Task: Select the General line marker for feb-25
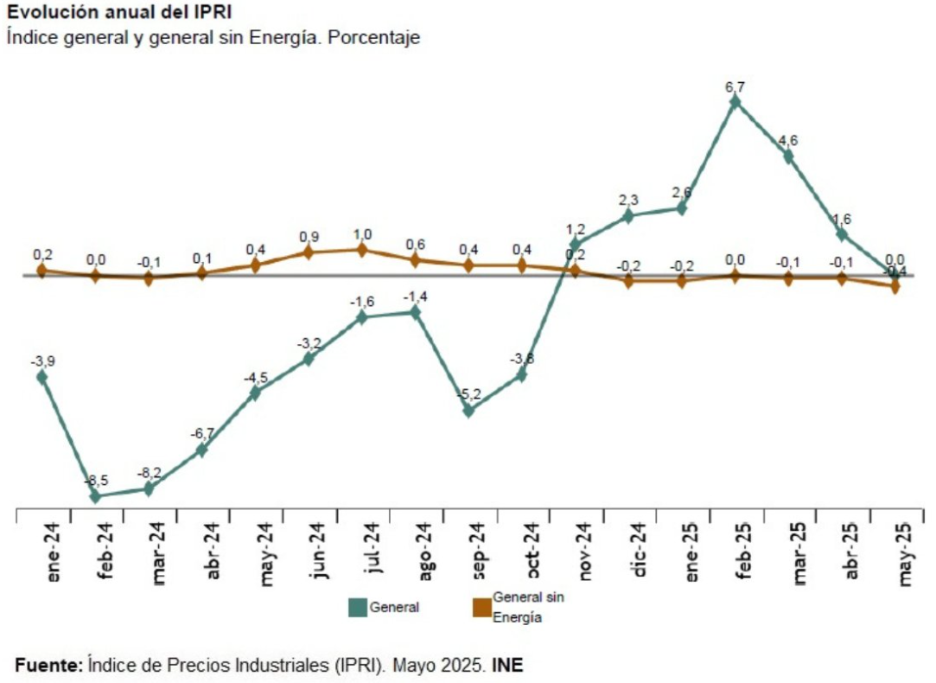(x=735, y=102)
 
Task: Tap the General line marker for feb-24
(x=95, y=496)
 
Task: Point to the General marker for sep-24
(x=468, y=411)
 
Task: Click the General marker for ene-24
(x=41, y=376)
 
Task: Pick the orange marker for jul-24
(x=362, y=250)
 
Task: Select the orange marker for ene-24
(x=41, y=271)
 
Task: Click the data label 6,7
(x=735, y=86)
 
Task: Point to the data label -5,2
(x=468, y=395)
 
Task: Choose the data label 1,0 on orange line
(x=362, y=234)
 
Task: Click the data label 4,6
(x=788, y=141)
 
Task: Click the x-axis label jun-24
(x=320, y=554)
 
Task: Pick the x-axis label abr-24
(x=213, y=554)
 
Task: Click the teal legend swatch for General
(x=357, y=607)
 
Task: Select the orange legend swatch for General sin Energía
(x=481, y=607)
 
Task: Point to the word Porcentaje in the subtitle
(x=379, y=38)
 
